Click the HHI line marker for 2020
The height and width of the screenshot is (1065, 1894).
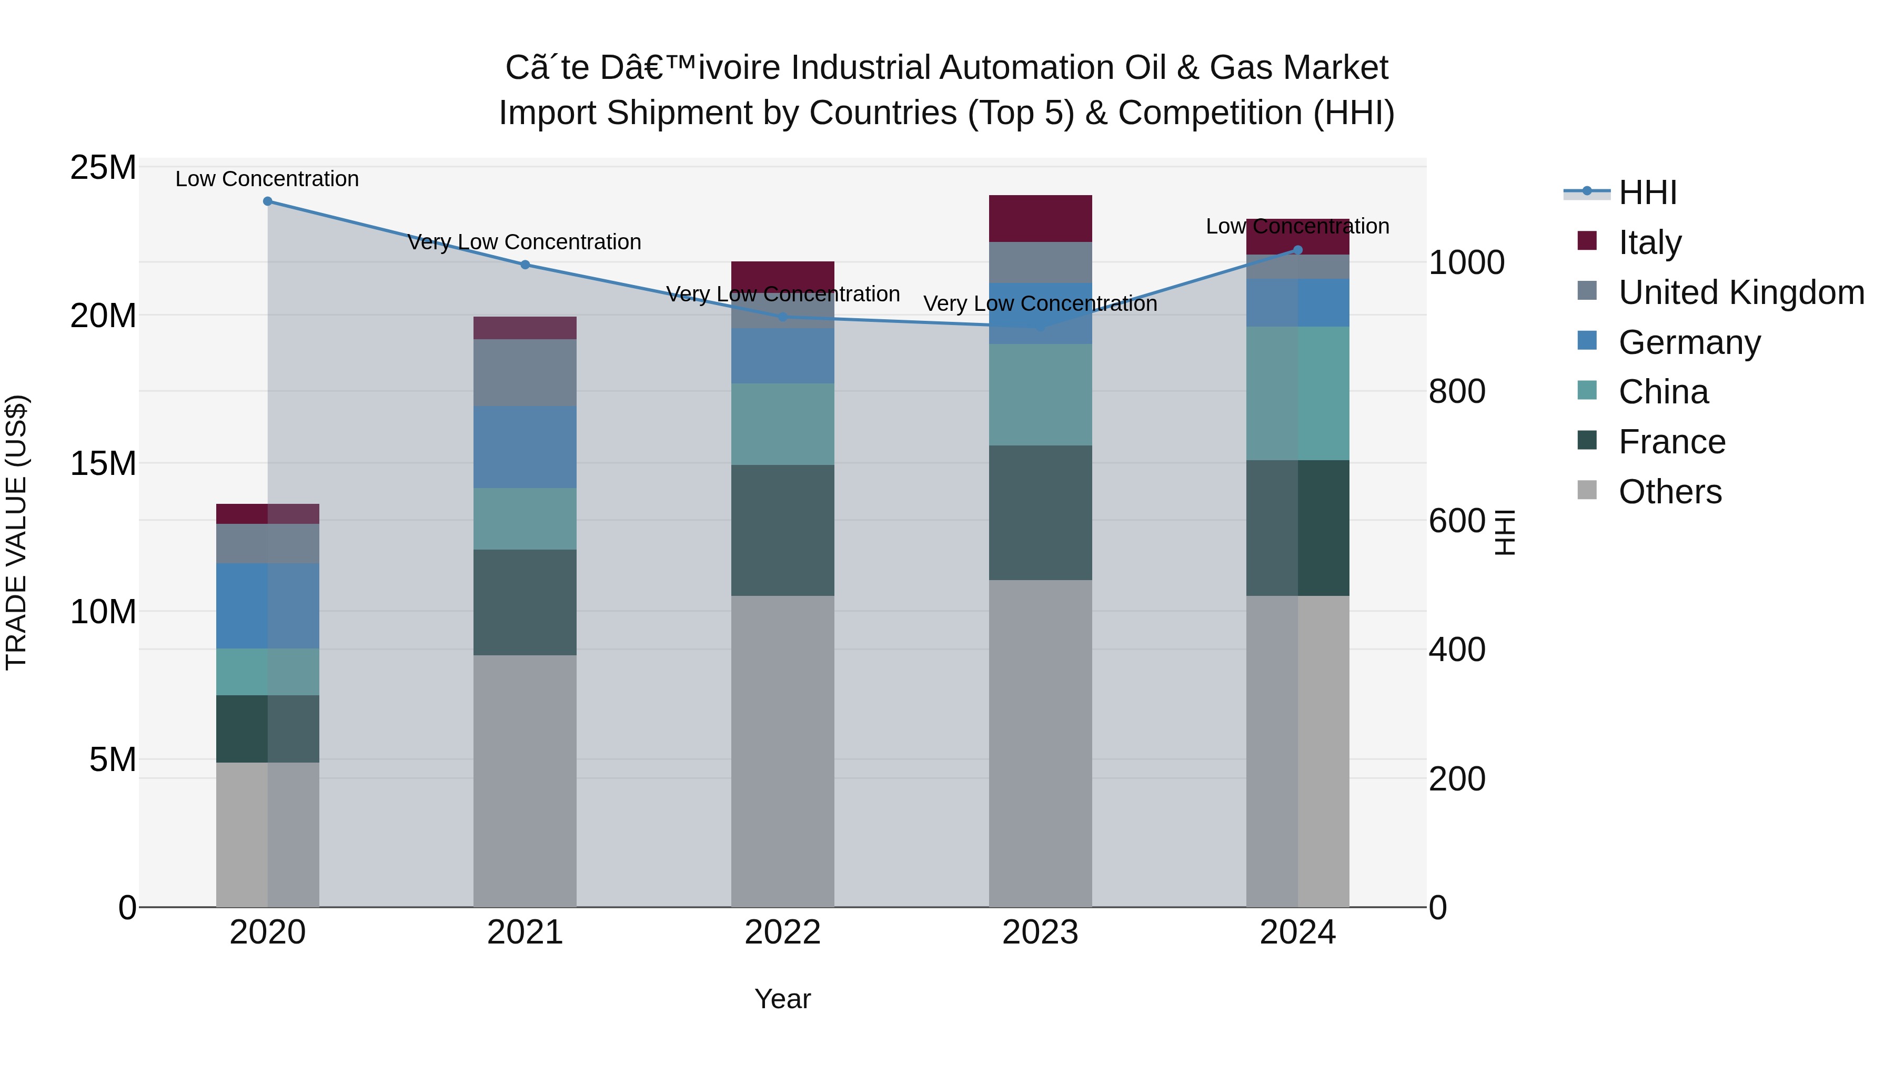click(x=268, y=201)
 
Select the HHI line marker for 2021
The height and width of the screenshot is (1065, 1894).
click(x=525, y=265)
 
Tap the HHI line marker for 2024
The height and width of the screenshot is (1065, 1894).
click(x=1298, y=250)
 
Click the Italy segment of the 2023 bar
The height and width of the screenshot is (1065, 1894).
click(x=1040, y=218)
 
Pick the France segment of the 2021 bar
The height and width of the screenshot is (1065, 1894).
click(x=525, y=602)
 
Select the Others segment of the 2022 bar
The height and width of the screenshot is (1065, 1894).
click(x=782, y=749)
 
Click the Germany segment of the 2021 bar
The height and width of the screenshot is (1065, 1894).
click(x=525, y=447)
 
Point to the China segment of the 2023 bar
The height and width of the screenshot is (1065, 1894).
click(x=1040, y=394)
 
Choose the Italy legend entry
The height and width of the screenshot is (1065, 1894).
click(x=1649, y=242)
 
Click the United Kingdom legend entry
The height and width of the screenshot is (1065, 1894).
click(x=1740, y=292)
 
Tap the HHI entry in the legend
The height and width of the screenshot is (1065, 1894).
click(x=1647, y=192)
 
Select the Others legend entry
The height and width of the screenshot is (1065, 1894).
click(x=1669, y=492)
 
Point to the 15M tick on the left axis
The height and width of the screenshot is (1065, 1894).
click(x=103, y=464)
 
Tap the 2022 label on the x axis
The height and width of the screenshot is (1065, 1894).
click(x=782, y=932)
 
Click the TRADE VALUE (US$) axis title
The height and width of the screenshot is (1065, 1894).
click(x=16, y=532)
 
